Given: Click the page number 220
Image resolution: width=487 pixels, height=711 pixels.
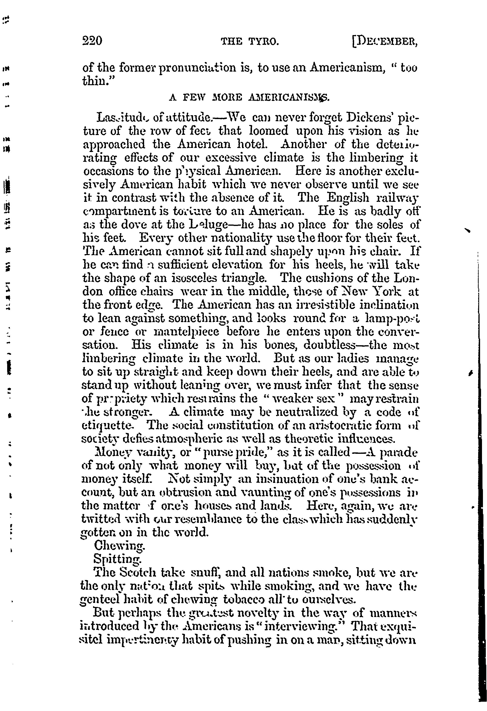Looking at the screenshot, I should (x=92, y=41).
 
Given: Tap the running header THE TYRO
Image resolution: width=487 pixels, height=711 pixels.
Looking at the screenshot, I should (x=250, y=41).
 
